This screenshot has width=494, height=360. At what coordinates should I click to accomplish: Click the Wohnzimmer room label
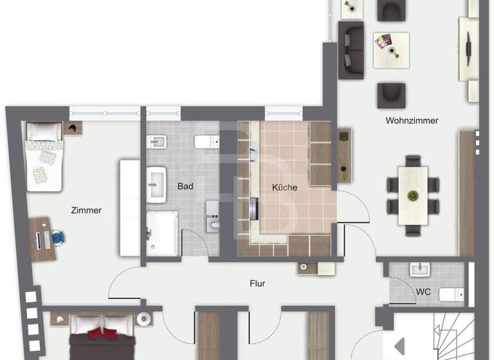coord(412,120)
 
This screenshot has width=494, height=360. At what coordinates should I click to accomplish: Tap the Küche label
coord(284,188)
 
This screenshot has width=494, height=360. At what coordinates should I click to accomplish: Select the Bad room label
coord(185,186)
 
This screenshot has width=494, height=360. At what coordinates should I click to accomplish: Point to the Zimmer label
coord(86,210)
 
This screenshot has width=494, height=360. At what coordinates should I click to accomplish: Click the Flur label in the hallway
coord(257,283)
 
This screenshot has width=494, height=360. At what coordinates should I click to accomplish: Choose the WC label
coord(423,292)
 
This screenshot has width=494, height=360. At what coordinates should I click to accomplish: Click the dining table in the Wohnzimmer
coord(413,195)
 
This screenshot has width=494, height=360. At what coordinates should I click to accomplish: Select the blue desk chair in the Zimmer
coord(59,237)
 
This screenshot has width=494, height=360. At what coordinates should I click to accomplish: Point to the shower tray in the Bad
coord(162,235)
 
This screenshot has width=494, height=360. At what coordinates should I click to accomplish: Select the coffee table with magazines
coord(391,50)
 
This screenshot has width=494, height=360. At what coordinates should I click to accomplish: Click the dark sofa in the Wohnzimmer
coord(351,46)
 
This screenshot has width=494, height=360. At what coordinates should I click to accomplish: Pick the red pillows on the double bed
coord(103,332)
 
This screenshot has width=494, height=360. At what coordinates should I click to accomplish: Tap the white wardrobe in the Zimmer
coord(130,208)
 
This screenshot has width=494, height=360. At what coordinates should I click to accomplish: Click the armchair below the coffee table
coord(391,94)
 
